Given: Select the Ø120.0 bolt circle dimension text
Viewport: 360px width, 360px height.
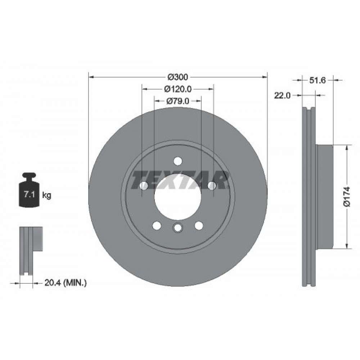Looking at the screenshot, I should [x=177, y=89].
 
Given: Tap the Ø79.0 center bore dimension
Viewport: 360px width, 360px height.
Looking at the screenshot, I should [x=177, y=101].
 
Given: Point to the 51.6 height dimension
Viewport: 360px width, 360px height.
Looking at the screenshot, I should [x=318, y=81].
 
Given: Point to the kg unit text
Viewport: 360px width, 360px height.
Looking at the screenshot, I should [x=46, y=195].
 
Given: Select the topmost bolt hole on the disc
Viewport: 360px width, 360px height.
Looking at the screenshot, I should [x=177, y=161].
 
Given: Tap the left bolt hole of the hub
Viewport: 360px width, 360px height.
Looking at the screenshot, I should [x=143, y=185].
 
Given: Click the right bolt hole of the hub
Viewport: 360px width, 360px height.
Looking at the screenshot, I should [x=212, y=185].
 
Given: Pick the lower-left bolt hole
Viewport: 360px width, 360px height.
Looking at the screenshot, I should [x=157, y=225].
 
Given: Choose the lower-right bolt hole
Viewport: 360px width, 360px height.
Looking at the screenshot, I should [x=198, y=225].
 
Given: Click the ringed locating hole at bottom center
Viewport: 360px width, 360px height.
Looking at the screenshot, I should [x=177, y=228].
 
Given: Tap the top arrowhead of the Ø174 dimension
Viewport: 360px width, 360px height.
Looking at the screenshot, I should [x=347, y=147].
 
